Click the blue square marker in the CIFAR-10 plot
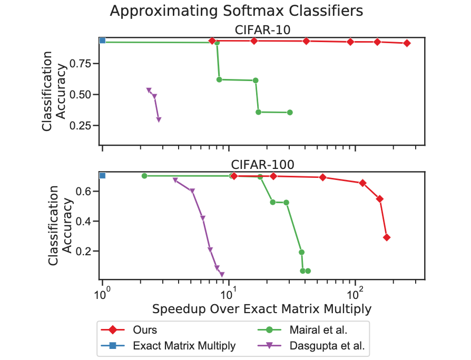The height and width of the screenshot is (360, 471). (x=103, y=41)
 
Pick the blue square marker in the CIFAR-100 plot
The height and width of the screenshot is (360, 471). (x=103, y=175)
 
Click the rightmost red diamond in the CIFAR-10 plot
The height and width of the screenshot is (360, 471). (x=407, y=43)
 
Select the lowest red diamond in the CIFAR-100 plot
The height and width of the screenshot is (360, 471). (x=387, y=237)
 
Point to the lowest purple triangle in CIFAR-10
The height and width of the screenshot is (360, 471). (x=159, y=119)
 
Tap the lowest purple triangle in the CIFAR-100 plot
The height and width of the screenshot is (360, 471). (x=222, y=274)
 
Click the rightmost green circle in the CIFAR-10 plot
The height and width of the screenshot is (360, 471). (x=290, y=112)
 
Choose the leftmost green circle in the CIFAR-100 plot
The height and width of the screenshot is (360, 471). (x=144, y=176)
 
